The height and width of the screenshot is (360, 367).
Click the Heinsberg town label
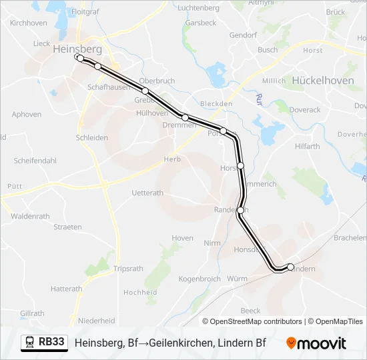click(77, 49)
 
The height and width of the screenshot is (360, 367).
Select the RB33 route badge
click(45, 343)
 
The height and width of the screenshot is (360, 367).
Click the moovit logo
click(316, 343)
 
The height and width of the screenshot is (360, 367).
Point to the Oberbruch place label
click(157, 81)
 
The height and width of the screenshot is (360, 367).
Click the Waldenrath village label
click(30, 216)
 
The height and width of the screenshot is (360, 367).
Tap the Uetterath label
click(147, 193)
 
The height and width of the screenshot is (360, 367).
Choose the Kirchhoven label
click(28, 23)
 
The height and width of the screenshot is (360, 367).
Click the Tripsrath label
click(128, 269)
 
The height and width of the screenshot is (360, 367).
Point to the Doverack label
click(304, 110)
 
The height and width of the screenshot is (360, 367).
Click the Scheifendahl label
click(35, 161)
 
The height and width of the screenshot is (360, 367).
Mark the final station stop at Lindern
click(290, 267)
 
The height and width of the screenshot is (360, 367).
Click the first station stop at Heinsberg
click(79, 59)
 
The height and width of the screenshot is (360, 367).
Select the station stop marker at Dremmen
click(185, 117)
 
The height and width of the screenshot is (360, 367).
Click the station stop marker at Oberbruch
click(144, 91)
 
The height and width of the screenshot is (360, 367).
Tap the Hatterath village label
click(66, 289)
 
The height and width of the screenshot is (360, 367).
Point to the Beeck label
click(251, 311)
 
